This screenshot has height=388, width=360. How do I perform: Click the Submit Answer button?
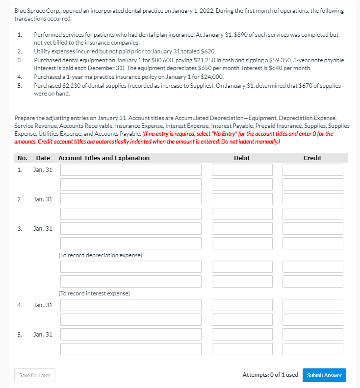coord(324,375)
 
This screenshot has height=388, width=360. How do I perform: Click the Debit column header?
coord(242,158)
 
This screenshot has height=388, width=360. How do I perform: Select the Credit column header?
coord(312,158)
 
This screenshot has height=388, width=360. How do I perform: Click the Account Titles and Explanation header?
coord(104,158)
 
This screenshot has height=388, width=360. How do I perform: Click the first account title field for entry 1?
coord(131,170)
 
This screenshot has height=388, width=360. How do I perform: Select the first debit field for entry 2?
coord(242,199)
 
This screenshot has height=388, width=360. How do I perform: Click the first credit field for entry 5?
coord(312,335)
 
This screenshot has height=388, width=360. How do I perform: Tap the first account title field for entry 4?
coord(131,305)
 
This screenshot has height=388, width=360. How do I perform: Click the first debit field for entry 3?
coord(242,229)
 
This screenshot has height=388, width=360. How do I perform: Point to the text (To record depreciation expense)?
coord(100,255)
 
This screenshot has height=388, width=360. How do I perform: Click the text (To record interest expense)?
coord(94,293)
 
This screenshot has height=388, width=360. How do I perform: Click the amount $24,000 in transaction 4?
coord(212,77)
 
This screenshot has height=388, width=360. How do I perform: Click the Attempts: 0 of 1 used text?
coord(270,375)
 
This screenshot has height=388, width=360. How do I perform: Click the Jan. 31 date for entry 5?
coord(43,335)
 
